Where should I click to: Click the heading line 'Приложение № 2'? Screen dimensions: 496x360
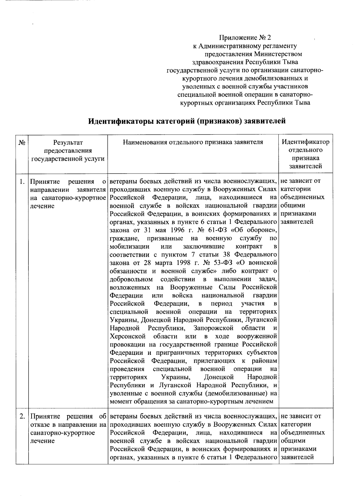click(x=245, y=38)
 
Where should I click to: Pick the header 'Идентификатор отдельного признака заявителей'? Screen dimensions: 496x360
click(x=306, y=154)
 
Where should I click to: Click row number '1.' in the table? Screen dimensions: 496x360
click(x=22, y=182)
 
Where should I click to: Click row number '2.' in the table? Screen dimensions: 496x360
click(x=22, y=417)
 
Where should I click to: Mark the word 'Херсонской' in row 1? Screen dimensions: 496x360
click(x=128, y=337)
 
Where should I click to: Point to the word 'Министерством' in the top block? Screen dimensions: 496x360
click(x=278, y=54)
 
